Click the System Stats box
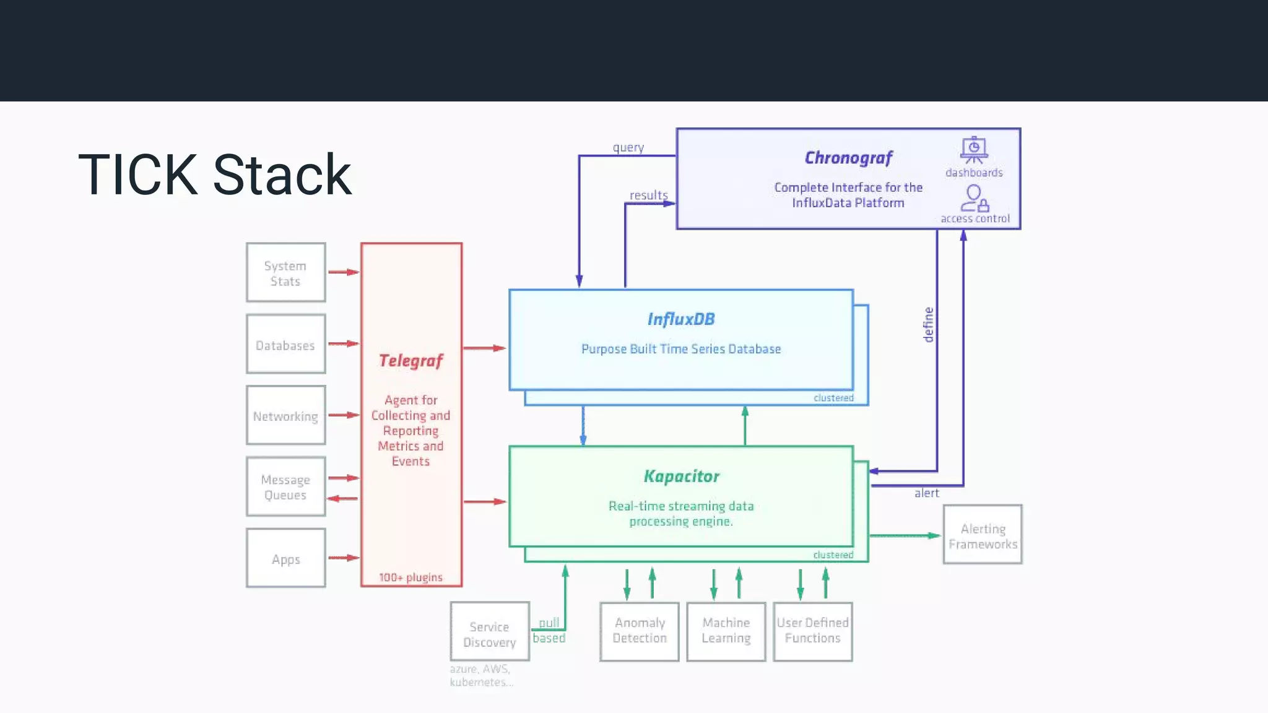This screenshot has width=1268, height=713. coord(285,272)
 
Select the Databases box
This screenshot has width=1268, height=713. coord(285,344)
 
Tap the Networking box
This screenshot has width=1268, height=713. coord(285,415)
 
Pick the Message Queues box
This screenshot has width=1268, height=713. coord(285,486)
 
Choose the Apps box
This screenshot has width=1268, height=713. coord(285,558)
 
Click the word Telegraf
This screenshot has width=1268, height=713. coord(411,361)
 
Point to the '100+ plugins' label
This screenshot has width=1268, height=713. coord(411,577)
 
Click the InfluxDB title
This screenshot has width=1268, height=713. coord(681,319)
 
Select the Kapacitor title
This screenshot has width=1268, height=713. coord(681,477)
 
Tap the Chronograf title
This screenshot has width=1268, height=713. coord(848,158)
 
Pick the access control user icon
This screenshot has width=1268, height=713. coord(975,198)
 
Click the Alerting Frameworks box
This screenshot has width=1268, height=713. coord(983,535)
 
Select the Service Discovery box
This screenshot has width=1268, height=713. coord(490,632)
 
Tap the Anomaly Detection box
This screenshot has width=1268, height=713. coord(640,631)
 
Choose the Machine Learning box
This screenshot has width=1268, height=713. coord(726,631)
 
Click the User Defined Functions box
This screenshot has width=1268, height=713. coord(813,631)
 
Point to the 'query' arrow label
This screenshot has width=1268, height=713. coord(628,148)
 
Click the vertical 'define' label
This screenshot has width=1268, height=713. coord(928,325)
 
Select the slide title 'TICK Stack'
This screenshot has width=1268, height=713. coord(215,175)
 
